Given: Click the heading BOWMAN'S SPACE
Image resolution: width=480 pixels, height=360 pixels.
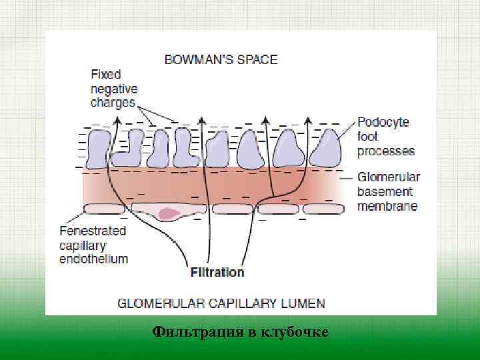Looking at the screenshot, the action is tap(221, 59).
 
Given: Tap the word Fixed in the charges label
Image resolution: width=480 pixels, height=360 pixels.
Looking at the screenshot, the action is tap(105, 74).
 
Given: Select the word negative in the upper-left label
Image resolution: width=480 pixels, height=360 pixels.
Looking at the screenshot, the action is tap(114, 88).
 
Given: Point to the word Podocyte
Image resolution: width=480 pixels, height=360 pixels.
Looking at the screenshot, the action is tap(383, 123).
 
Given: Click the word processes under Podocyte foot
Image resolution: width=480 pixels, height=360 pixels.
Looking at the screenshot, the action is tap(385, 151).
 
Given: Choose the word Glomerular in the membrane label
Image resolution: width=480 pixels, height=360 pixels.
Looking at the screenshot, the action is tap(389, 177).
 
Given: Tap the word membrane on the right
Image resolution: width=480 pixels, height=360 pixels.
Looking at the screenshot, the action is tap(387, 206).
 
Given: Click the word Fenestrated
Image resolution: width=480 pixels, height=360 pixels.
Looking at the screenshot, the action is tap(93, 231).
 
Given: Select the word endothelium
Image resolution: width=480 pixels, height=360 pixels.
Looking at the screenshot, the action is tap(93, 259).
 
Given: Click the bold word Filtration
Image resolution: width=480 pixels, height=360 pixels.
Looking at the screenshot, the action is tap(217, 272).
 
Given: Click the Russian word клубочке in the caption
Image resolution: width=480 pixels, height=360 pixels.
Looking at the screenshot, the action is tap(295, 331).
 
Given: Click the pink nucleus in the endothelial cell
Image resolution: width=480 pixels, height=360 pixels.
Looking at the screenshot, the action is tap(169, 214).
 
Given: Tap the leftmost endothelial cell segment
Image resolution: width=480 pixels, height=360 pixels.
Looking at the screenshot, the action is tap(104, 209).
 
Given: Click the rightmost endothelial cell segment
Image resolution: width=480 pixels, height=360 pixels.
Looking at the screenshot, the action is tap(324, 209).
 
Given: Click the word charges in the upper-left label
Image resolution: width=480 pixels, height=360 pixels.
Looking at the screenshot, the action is tap(113, 103).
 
